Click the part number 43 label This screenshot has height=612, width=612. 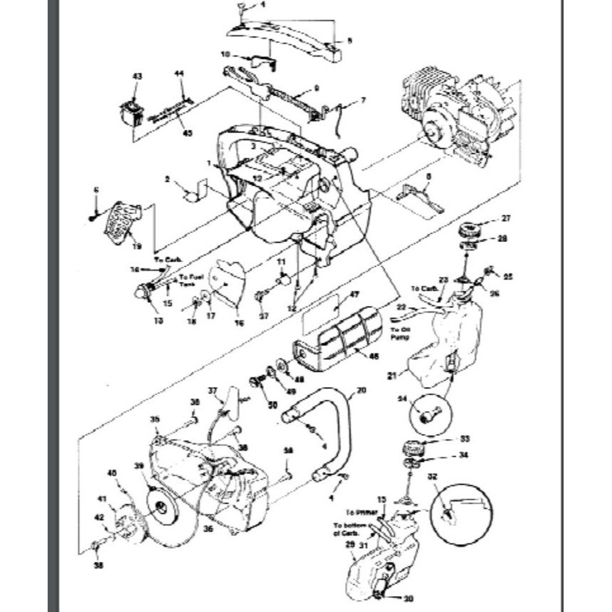point(137,76)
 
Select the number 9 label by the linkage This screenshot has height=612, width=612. point(317,88)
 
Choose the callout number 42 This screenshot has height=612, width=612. point(99,516)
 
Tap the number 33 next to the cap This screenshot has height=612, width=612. point(465,438)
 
